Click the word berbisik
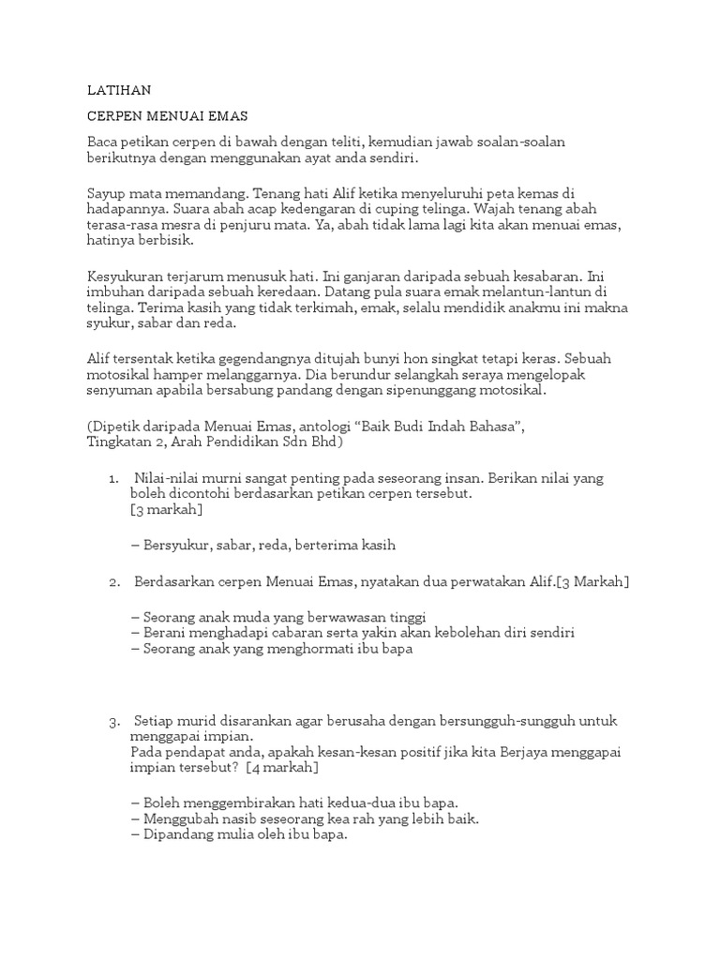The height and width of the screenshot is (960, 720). [170, 241]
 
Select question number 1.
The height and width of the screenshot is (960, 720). [113, 478]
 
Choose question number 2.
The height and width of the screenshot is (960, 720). [113, 582]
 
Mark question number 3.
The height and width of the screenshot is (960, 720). [113, 722]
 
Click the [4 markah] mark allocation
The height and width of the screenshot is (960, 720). [282, 768]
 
